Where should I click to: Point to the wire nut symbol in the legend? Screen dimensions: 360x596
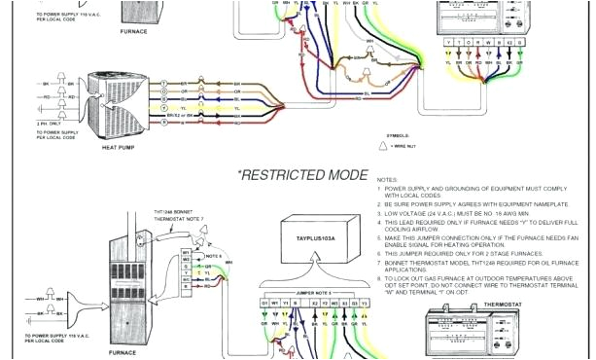pyautogui.click(x=384, y=145)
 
